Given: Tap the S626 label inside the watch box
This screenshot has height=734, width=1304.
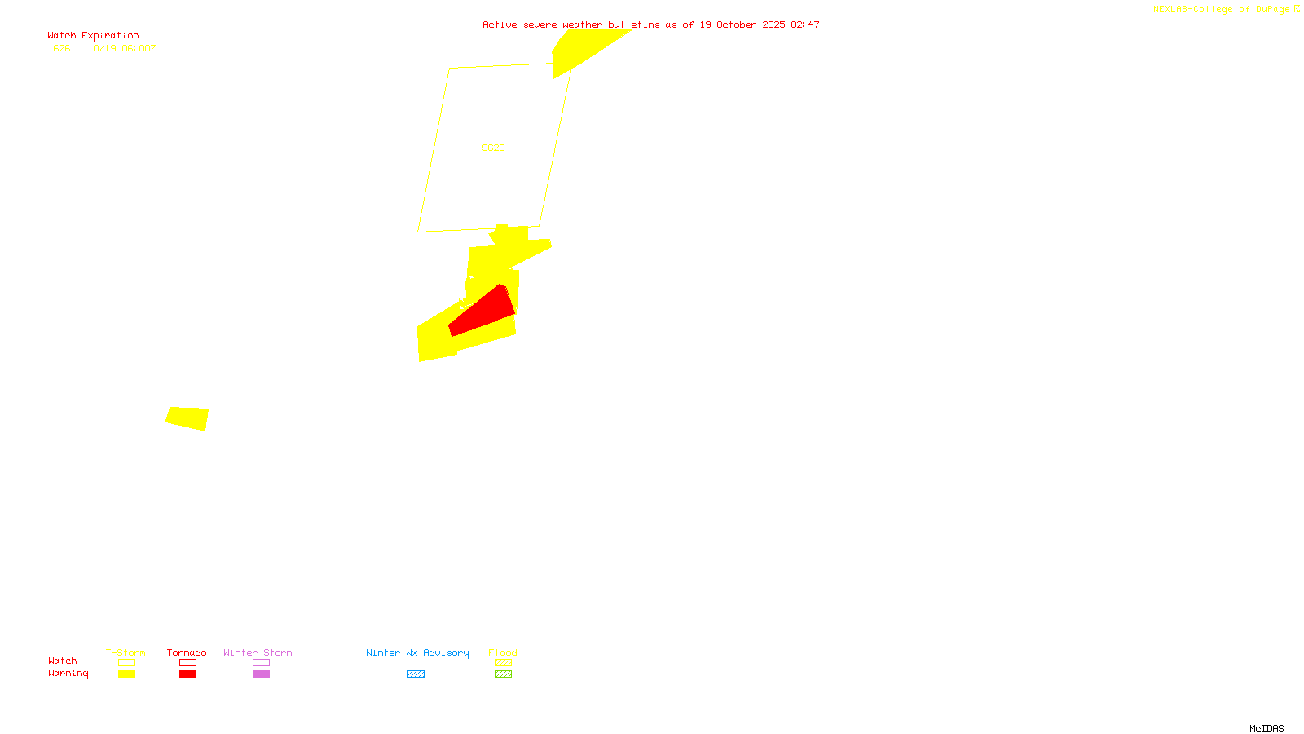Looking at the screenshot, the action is (x=493, y=148).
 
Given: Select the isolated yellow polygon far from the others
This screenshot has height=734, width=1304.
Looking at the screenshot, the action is (x=187, y=418).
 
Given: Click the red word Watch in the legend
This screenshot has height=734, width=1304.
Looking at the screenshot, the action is (x=62, y=661).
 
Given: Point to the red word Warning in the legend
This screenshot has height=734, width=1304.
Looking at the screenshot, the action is (x=68, y=674).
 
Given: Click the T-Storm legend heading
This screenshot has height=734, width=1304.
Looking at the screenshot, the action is (x=126, y=652).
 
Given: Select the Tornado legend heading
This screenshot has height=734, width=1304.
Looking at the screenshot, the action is (x=187, y=652).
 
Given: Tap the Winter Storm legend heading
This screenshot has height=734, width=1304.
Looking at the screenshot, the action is (x=258, y=652).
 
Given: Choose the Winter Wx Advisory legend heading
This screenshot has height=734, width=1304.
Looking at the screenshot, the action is (x=417, y=652).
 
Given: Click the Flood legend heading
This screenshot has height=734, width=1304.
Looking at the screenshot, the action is (x=503, y=652).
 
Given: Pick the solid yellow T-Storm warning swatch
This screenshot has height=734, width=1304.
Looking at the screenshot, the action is (x=126, y=674).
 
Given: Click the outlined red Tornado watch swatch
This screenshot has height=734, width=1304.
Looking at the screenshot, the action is (x=187, y=663).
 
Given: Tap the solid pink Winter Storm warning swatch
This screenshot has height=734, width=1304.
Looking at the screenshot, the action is (x=261, y=674).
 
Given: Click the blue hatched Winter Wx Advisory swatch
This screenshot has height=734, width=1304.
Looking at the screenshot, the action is (x=416, y=674).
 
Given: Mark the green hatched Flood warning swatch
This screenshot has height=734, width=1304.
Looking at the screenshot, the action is (x=503, y=674).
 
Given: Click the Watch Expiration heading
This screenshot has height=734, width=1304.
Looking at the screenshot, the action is (x=93, y=36).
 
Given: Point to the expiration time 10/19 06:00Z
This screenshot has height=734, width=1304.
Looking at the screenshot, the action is (x=121, y=48).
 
